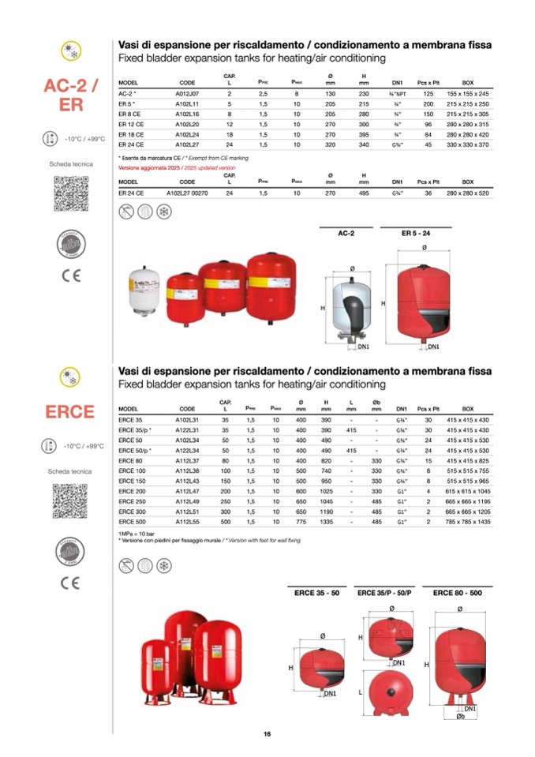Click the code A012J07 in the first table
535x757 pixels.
[x=188, y=93]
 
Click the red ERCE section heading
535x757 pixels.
[x=69, y=411]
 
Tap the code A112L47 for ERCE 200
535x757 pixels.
[x=188, y=492]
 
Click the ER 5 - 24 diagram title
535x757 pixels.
[x=406, y=234]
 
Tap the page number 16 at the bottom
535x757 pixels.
[x=267, y=735]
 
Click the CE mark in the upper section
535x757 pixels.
[x=69, y=275]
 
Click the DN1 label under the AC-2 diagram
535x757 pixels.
[x=364, y=346]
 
